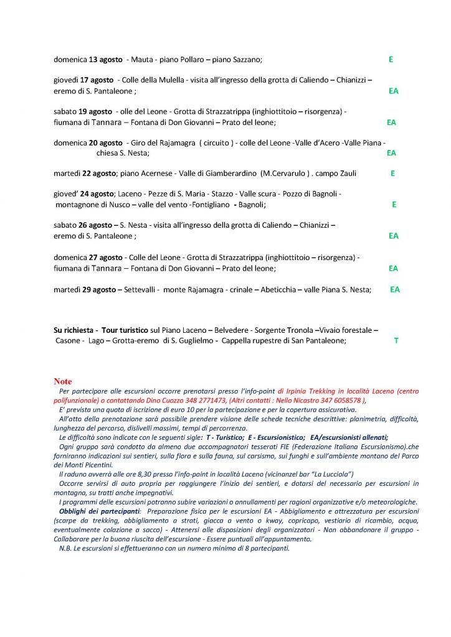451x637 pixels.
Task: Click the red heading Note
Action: [x=63, y=381]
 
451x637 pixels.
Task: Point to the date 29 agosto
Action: [x=99, y=289]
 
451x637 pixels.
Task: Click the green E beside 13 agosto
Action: [x=391, y=60]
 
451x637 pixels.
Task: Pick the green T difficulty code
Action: [x=396, y=341]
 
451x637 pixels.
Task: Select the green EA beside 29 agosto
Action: [x=395, y=289]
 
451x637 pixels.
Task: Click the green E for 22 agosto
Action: [x=392, y=174]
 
